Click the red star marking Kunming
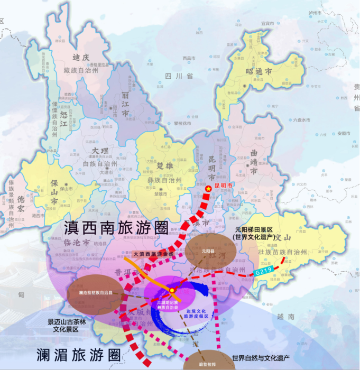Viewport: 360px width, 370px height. pyautogui.click(x=208, y=189)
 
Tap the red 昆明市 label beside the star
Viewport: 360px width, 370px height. pyautogui.click(x=223, y=186)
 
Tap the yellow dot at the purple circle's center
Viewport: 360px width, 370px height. pyautogui.click(x=172, y=290)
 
